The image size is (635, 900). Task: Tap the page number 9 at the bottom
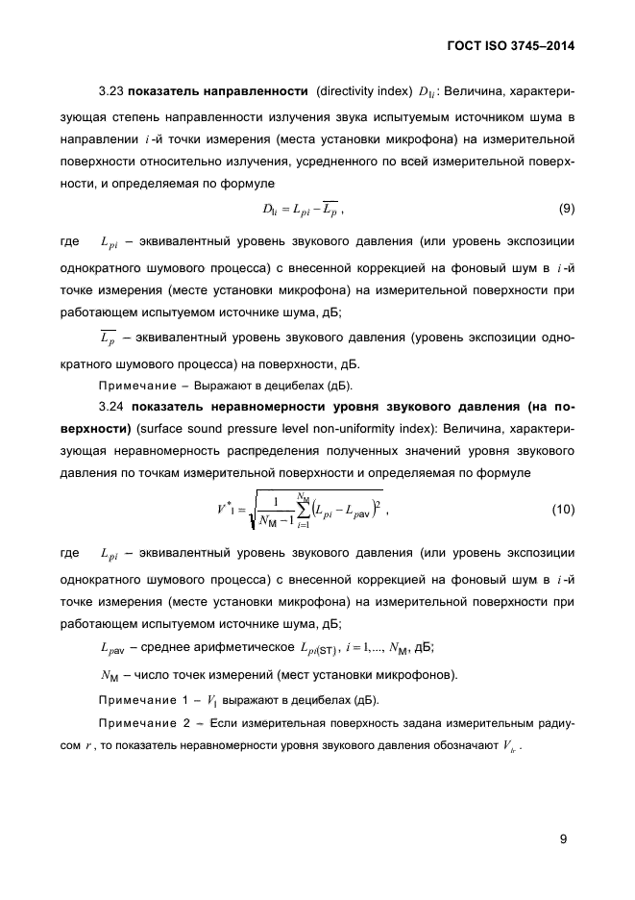[x=564, y=838]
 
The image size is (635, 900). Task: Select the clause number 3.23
[x=113, y=92]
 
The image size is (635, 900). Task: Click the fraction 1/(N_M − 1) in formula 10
[x=279, y=510]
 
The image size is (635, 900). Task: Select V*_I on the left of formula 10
[x=227, y=509]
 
